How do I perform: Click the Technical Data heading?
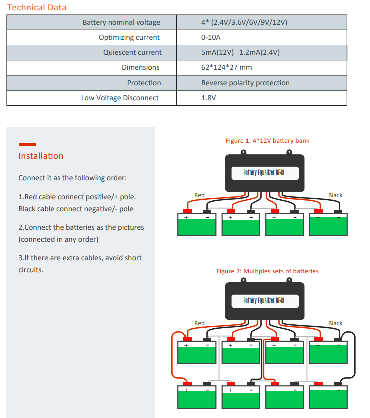click(36, 7)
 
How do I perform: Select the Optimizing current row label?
click(129, 37)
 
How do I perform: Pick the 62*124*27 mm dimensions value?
click(226, 67)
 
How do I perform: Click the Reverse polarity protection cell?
click(245, 83)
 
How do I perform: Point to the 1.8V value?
click(208, 98)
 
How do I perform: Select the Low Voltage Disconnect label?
click(120, 98)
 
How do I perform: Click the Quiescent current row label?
click(132, 52)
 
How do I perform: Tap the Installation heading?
click(41, 156)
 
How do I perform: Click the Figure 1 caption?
click(267, 141)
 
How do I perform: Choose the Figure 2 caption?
click(267, 271)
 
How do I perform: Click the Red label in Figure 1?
click(199, 195)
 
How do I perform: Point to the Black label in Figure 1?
click(335, 195)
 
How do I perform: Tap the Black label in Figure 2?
click(335, 323)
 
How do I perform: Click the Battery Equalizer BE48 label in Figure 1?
click(264, 173)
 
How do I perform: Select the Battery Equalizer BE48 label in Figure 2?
click(264, 301)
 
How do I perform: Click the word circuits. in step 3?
click(31, 270)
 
